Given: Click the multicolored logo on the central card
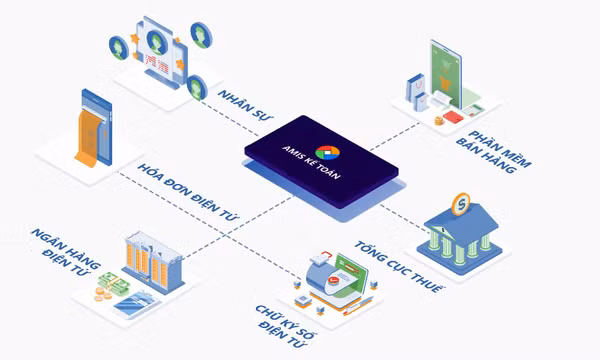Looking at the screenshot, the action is point(328,152).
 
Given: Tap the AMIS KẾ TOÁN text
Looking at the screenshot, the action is point(311,163).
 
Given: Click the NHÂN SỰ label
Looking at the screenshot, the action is point(245,105).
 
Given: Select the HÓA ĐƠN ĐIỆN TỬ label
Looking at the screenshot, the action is point(188,192).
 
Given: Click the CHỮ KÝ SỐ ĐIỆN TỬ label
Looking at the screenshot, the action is point(286,326).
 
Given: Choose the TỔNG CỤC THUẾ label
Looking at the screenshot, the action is point(399,267).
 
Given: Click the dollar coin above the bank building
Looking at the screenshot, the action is point(461,204).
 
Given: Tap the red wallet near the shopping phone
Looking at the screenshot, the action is point(453,117).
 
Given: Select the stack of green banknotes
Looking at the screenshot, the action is point(114,283).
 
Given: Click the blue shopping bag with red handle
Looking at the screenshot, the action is point(416,87).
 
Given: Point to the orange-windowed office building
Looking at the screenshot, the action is point(153,261).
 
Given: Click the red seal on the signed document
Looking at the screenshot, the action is point(334,280).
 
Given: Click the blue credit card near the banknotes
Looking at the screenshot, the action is point(137,304).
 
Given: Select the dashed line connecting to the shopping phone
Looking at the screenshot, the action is point(395,136).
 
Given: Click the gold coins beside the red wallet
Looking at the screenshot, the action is point(439,121).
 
